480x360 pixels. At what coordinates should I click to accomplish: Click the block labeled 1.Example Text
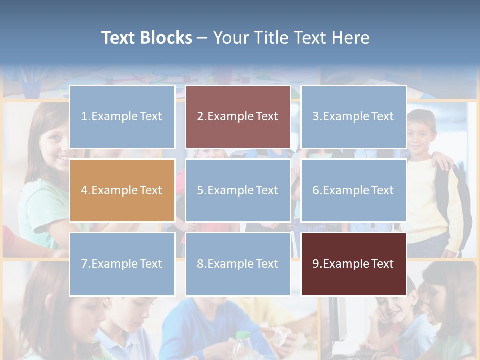(122, 117)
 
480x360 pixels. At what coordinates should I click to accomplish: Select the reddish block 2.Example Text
(238, 117)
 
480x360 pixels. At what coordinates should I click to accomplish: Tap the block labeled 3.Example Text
(353, 117)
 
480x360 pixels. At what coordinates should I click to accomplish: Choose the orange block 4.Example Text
(122, 190)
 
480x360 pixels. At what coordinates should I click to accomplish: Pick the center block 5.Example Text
(238, 190)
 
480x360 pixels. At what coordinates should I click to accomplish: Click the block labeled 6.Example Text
(353, 190)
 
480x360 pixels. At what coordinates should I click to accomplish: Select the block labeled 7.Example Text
(122, 264)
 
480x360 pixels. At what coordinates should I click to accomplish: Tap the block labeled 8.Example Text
(238, 264)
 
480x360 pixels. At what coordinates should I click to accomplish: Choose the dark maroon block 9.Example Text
(353, 264)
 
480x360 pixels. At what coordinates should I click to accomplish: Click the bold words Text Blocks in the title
(146, 38)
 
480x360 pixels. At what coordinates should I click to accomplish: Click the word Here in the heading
(352, 38)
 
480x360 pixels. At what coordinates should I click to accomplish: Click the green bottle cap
(243, 336)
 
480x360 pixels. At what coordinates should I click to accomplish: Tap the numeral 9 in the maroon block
(316, 264)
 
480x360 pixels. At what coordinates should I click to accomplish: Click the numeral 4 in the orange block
(84, 190)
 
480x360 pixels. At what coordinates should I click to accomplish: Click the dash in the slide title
(202, 38)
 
